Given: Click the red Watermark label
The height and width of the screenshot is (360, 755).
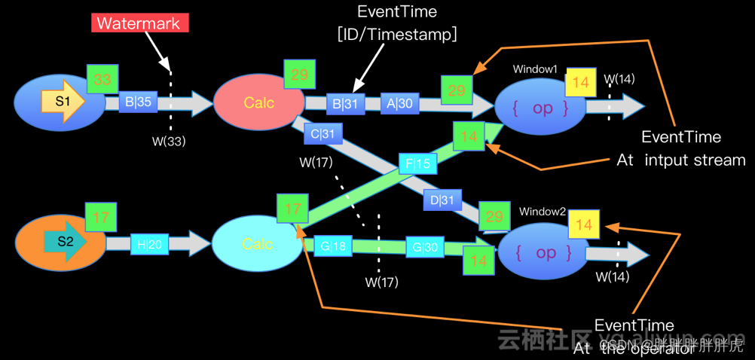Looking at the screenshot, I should point(140,23).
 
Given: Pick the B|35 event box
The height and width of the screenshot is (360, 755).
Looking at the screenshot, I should point(138,102).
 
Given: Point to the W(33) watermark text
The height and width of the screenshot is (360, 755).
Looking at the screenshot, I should point(170,141).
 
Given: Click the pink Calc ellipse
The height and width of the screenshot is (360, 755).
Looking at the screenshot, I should point(258,103).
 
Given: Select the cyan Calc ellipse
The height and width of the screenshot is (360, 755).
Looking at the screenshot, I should point(257,244).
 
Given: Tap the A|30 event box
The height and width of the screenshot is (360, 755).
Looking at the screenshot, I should point(400,104).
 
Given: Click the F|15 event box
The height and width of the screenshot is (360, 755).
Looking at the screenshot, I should point(417,163).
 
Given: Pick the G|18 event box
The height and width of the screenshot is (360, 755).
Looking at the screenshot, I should point(333,246).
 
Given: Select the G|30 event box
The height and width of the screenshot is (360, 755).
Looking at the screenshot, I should point(425,246).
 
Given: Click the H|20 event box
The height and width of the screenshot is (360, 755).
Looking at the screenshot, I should point(149,243).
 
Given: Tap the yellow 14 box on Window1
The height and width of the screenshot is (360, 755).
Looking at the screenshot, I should point(580,82).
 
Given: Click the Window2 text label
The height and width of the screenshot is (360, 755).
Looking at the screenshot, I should point(543,212).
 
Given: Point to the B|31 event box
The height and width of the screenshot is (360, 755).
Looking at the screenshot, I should point(345,104).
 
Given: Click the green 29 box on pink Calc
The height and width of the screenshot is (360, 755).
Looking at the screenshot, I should point(299,75).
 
